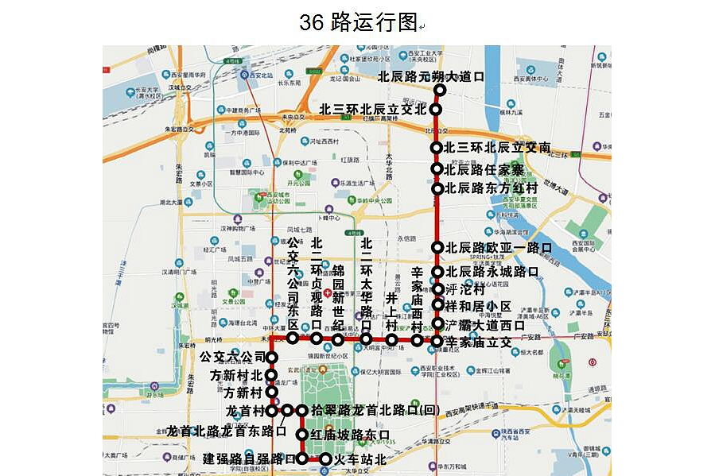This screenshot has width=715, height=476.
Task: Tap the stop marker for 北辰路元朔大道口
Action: pos(439,90)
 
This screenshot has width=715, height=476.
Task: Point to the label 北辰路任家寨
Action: pos(484,169)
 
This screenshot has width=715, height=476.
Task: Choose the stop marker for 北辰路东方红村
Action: pos(437,188)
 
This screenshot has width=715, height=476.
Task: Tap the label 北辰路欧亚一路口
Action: pos(498,248)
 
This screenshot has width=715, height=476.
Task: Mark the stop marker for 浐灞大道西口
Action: pos(437,324)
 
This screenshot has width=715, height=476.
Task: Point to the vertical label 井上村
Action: pos(391,312)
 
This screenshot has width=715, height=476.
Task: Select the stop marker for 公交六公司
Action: pos(272,358)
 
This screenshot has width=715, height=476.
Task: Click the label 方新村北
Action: pos(235,375)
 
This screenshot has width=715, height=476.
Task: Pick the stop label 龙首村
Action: pos(245,411)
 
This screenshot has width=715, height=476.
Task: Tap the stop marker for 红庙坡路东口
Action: pos(302,435)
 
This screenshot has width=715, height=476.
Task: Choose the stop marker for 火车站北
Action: pos(325,459)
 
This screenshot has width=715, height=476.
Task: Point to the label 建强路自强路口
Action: pos(248,459)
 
